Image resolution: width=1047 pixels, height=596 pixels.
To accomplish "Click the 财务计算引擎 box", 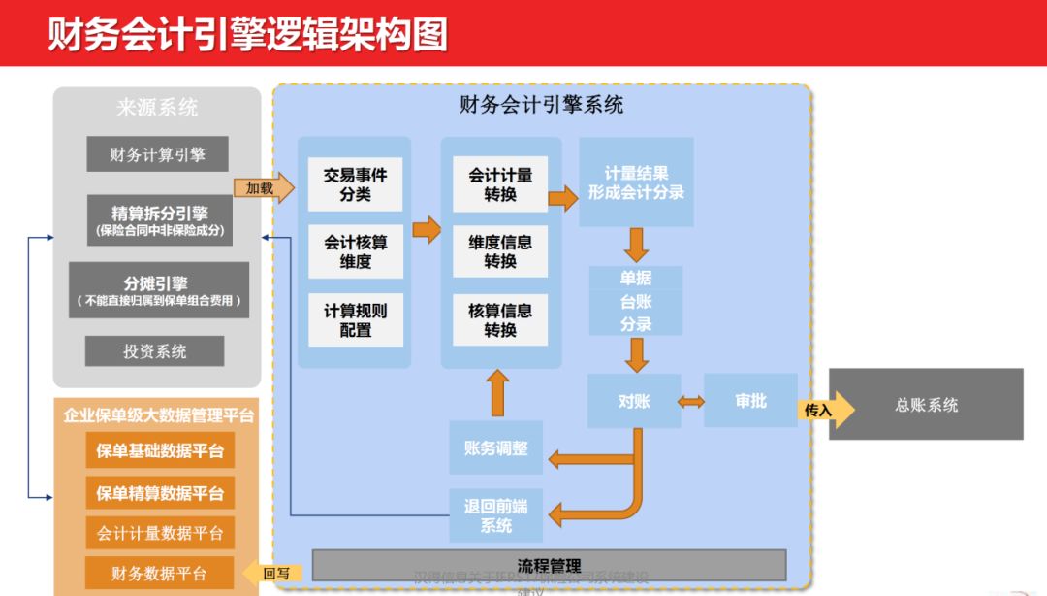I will (157, 154).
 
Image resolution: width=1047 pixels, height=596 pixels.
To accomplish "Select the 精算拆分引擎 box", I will (160, 220).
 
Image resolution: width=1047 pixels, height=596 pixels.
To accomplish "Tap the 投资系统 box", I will (155, 351).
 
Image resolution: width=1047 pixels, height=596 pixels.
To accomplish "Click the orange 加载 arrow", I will (262, 188).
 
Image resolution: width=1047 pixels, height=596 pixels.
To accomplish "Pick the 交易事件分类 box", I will (355, 184).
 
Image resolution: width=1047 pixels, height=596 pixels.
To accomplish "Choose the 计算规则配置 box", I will (355, 320).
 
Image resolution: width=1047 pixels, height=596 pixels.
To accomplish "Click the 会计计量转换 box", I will (500, 184).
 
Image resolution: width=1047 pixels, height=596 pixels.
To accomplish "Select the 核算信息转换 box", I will (500, 320).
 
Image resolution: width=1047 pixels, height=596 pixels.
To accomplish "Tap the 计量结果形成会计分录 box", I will (636, 182).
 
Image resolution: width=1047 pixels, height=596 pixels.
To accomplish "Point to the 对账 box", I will (634, 401).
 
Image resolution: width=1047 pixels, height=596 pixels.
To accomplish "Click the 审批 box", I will (750, 401).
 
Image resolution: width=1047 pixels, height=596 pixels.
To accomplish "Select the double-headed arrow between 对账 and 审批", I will (692, 401).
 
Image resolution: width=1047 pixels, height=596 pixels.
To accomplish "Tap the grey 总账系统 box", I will (926, 405).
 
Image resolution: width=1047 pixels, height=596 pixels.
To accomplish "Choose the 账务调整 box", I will (496, 448).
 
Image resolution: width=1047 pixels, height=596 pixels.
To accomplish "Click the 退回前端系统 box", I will (496, 515).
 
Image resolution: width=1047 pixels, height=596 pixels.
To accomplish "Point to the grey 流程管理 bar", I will (549, 565).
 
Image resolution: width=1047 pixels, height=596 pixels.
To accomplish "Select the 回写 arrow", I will (272, 574).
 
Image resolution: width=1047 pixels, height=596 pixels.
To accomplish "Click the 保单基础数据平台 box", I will (160, 450).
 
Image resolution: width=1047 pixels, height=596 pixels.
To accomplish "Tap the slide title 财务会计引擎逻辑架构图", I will (248, 33).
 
